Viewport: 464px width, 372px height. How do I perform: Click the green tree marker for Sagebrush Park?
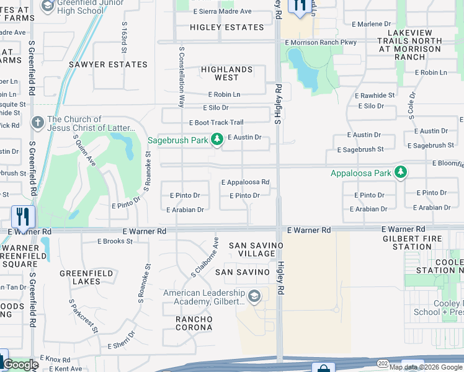pyautogui.click(x=216, y=139)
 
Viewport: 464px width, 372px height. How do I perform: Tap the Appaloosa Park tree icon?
pyautogui.click(x=401, y=172)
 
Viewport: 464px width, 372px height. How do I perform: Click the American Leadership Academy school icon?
pyautogui.click(x=253, y=297)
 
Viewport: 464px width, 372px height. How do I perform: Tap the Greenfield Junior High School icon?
pyautogui.click(x=48, y=6)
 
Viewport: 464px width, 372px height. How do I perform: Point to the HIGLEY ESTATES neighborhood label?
pyautogui.click(x=226, y=27)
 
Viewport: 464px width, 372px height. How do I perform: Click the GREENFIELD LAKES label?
pyautogui.click(x=86, y=277)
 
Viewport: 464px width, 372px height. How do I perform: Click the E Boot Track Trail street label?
pyautogui.click(x=216, y=123)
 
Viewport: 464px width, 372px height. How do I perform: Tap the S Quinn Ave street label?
pyautogui.click(x=85, y=151)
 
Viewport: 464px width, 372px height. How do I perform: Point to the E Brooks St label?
pyautogui.click(x=115, y=241)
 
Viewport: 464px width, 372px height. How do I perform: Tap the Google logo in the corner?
pyautogui.click(x=20, y=365)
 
